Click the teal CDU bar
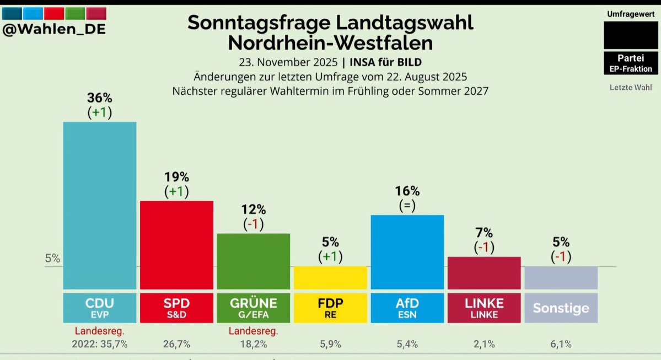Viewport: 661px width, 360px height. point(99,205)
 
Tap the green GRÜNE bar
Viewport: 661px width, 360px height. point(253,261)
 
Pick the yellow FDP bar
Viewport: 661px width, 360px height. point(330,278)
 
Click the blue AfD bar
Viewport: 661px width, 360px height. point(407,251)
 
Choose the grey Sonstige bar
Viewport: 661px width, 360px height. point(561,278)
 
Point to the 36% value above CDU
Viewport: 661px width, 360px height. point(99,98)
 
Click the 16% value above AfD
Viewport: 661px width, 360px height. point(407,191)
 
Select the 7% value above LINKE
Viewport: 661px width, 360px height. point(484,233)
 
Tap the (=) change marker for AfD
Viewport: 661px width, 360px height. point(407,206)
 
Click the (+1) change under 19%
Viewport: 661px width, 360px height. point(176,191)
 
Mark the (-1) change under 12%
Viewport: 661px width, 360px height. point(254,224)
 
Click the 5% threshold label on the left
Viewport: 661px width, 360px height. point(52,258)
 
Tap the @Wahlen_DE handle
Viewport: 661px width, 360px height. point(54,29)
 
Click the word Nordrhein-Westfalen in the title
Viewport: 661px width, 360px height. point(330,42)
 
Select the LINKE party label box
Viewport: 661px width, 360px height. point(484,308)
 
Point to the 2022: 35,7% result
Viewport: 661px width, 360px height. point(99,344)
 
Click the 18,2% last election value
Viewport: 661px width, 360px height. point(253,344)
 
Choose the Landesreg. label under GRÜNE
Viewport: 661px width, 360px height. point(253,331)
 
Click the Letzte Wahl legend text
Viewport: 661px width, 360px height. point(631,87)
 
